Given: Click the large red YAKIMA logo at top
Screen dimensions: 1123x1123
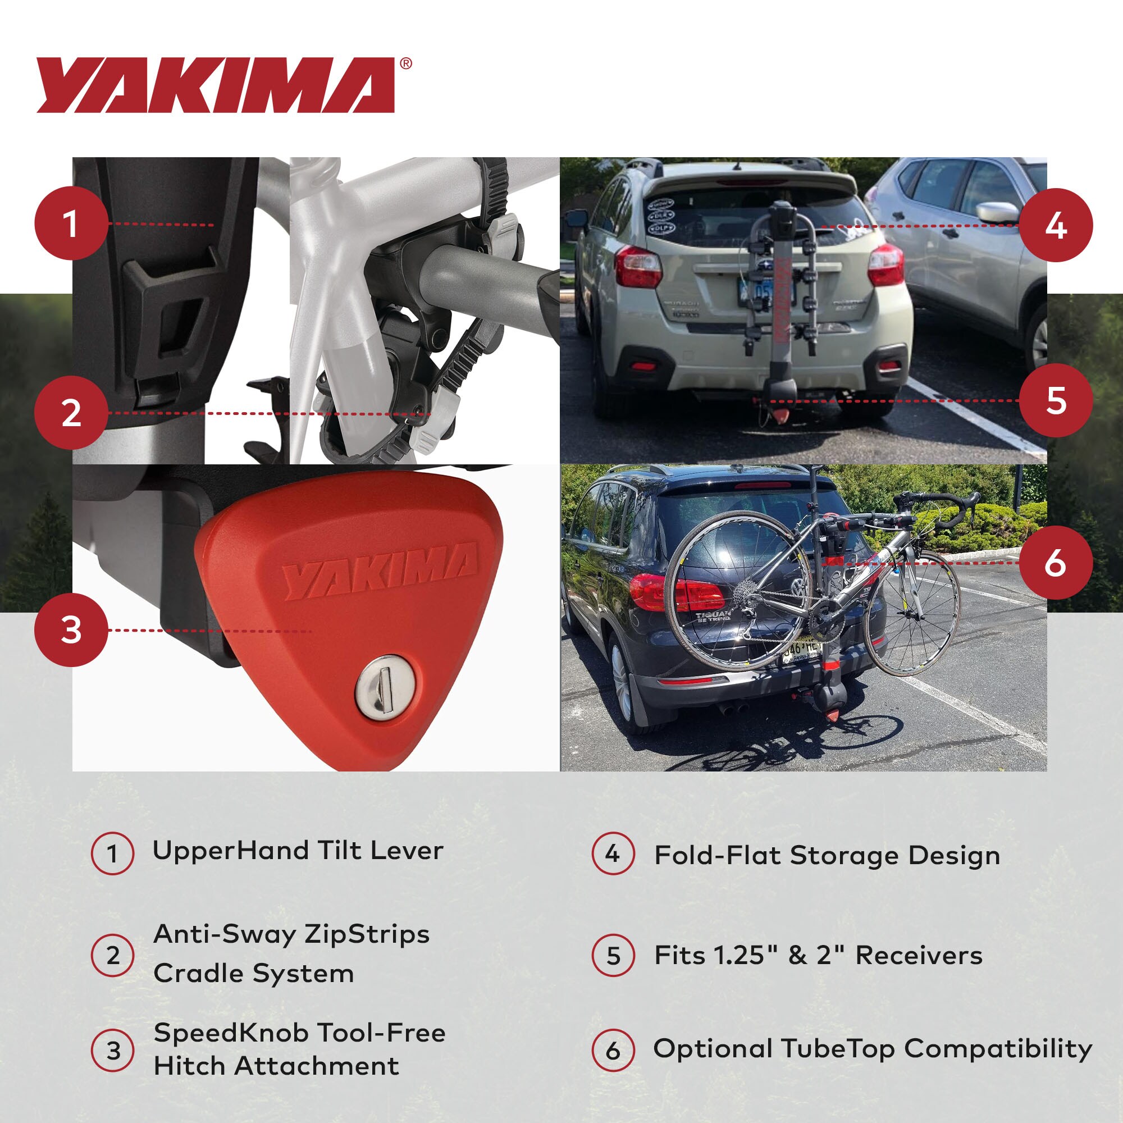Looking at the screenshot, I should click(x=216, y=85).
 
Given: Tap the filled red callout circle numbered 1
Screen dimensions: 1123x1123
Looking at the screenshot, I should click(x=71, y=223).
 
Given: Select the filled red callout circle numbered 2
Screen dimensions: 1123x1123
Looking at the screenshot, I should click(x=71, y=413).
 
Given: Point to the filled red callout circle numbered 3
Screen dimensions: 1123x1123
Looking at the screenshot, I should click(x=71, y=630).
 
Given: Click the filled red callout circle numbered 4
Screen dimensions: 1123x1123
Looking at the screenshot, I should click(x=1056, y=226).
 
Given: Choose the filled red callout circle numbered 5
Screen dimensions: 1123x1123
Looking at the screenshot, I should click(x=1056, y=400).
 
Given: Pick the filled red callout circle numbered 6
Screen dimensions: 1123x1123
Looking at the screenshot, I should click(x=1056, y=563).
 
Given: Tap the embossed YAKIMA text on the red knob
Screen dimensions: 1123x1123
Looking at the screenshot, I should click(x=381, y=572).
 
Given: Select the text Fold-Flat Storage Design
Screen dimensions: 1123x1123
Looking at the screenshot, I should click(x=827, y=856).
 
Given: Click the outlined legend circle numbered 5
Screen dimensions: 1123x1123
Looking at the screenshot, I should click(x=613, y=956).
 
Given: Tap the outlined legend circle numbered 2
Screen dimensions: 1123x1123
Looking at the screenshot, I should click(x=113, y=956).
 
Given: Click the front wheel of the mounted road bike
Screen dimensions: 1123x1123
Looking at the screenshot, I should click(x=911, y=614).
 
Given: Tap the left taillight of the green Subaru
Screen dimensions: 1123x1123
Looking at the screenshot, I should click(x=638, y=267).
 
